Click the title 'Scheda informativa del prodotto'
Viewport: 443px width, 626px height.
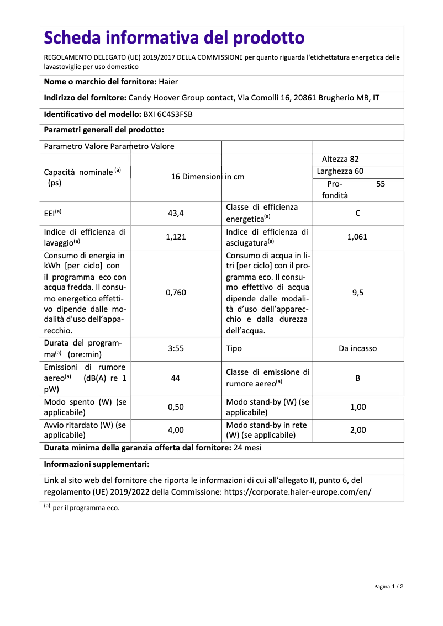point(174,38)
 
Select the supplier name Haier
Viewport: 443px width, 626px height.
point(168,82)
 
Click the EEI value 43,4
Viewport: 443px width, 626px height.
point(176,213)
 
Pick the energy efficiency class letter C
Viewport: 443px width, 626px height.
point(358,213)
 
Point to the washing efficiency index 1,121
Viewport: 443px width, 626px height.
point(176,237)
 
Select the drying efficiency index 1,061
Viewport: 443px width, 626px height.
point(357,237)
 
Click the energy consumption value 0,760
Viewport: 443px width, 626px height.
point(176,293)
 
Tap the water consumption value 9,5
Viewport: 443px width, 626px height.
point(358,293)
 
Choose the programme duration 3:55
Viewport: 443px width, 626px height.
point(176,349)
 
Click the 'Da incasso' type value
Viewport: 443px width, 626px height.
point(358,349)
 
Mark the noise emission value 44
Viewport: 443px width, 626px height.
point(176,378)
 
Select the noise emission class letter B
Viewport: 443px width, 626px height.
point(358,378)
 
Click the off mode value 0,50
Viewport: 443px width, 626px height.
point(176,407)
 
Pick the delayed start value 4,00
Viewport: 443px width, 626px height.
point(176,430)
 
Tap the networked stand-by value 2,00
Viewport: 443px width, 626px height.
point(358,430)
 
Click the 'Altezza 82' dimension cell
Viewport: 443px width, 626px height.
point(340,159)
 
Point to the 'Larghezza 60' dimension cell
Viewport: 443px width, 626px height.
point(340,171)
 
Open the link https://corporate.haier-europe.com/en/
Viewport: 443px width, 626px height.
point(297,491)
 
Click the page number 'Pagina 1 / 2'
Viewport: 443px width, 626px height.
point(388,586)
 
